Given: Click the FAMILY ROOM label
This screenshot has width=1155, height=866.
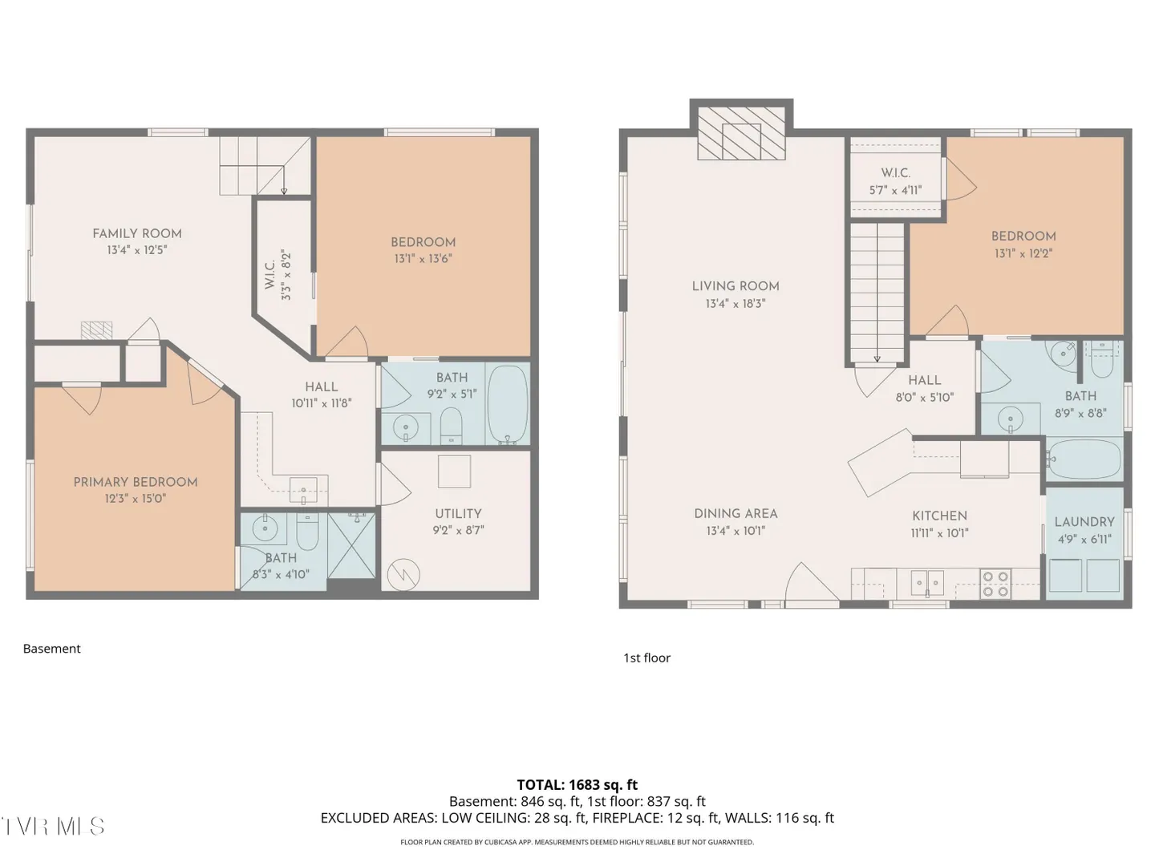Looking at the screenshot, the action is [137, 233].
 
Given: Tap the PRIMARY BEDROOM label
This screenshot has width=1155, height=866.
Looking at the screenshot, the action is [136, 482].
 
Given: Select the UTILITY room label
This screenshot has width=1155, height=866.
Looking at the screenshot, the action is [458, 514].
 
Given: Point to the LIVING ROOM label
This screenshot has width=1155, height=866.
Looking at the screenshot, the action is [735, 286].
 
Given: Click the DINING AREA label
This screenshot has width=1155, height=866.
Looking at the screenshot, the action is [736, 514].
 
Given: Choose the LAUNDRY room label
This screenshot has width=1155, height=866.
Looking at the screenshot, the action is [1084, 522].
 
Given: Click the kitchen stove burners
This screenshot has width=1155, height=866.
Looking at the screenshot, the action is [995, 585].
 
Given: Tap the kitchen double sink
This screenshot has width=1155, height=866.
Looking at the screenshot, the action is [927, 583].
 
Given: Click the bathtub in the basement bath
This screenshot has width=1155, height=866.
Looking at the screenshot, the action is [507, 405].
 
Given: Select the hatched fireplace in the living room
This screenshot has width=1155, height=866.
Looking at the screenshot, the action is [741, 133].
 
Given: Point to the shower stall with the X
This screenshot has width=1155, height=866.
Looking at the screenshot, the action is [351, 546].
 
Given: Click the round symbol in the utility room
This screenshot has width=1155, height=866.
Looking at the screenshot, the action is [403, 574].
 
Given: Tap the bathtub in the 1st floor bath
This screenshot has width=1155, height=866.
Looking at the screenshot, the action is [1084, 459].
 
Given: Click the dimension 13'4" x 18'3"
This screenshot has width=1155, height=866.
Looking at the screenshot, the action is [735, 304].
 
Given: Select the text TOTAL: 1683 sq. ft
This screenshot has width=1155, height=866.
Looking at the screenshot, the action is [577, 785].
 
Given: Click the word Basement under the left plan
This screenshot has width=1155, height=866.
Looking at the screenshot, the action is [51, 649].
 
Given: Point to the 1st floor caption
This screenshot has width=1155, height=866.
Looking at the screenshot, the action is [646, 658].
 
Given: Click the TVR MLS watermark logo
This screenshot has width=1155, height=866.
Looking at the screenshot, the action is [53, 827].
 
